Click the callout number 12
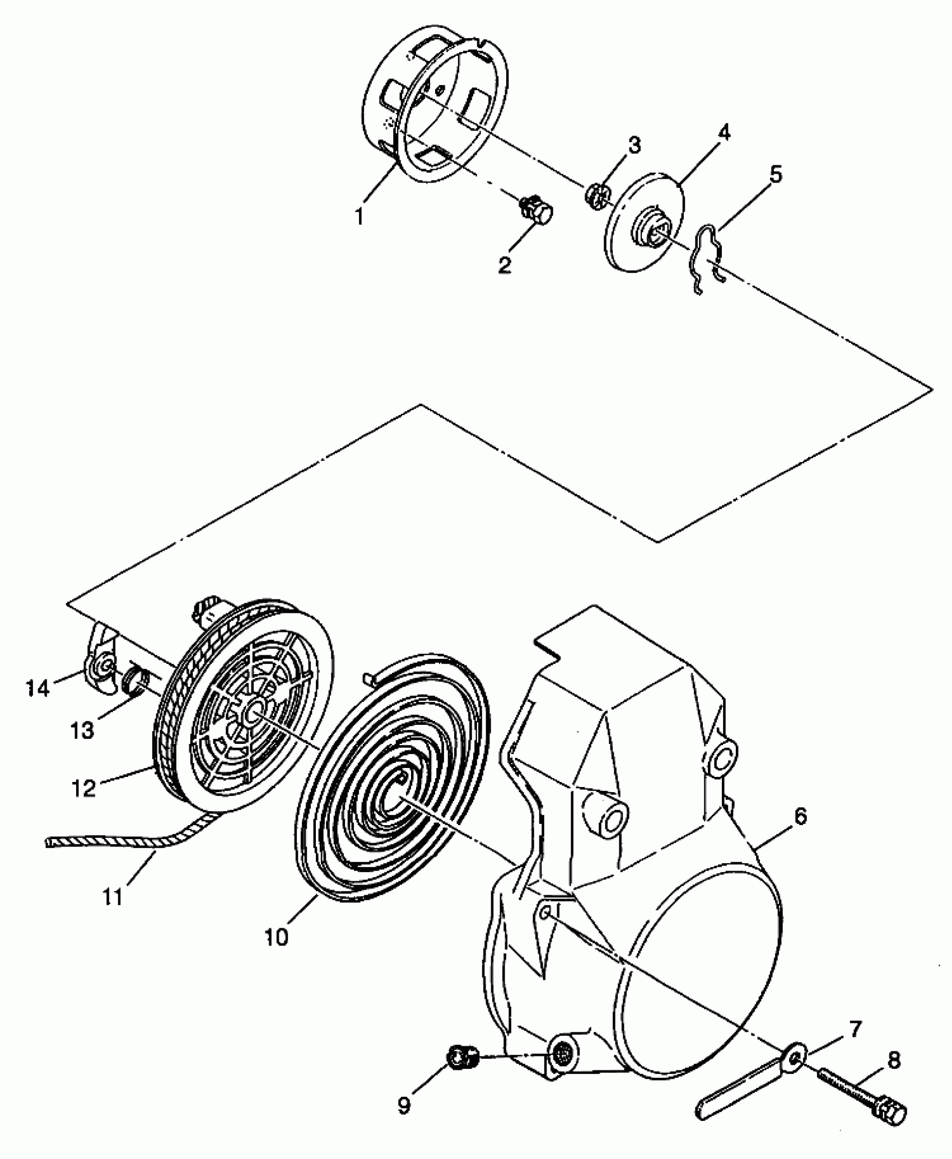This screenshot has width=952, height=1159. click(83, 789)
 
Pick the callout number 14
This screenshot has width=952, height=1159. click(38, 687)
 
